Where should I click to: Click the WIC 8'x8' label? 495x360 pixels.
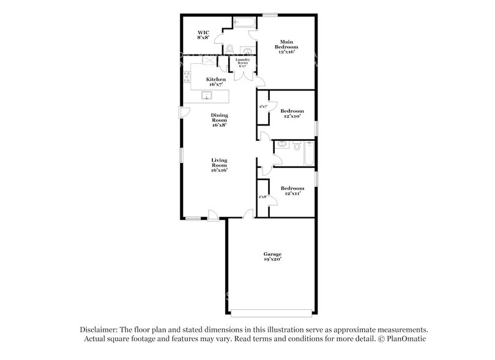(203, 35)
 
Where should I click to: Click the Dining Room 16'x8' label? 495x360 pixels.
(219, 120)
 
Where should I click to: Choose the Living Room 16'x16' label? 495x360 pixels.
(219, 165)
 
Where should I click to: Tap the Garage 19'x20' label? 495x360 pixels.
(272, 256)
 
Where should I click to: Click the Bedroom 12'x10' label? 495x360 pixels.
(292, 114)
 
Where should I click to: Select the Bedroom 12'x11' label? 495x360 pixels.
(292, 191)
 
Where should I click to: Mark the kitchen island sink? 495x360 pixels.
(207, 96)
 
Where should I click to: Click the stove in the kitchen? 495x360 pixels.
(187, 77)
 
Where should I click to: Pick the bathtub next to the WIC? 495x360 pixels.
(244, 23)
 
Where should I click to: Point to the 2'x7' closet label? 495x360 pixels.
(263, 107)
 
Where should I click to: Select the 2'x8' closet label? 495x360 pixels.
(263, 197)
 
